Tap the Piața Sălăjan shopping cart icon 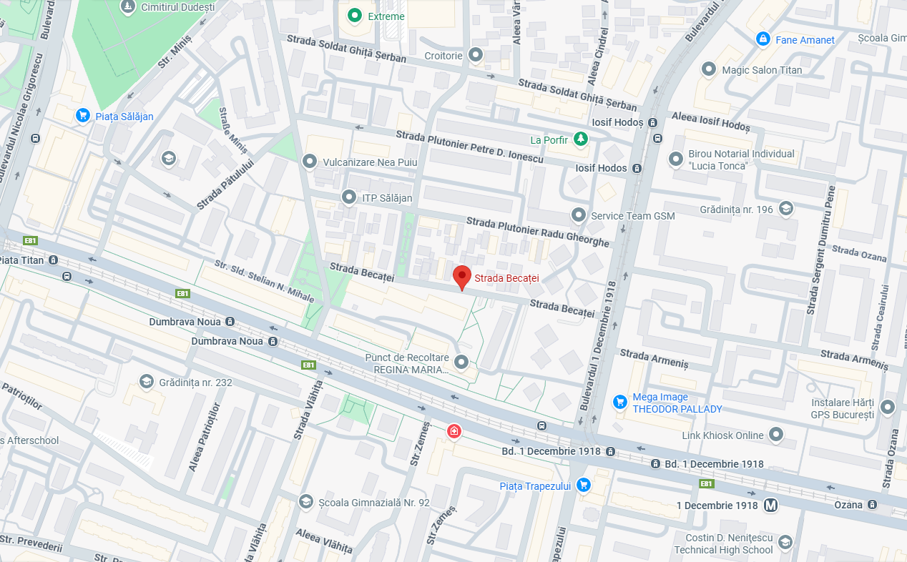pos(83,115)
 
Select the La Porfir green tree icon pos(582,139)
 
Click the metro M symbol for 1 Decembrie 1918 pos(770,505)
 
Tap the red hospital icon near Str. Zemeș pos(453,430)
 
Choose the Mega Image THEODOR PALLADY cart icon pos(620,403)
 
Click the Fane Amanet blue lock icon pos(763,39)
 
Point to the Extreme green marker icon pos(354,15)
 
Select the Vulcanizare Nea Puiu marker pos(310,162)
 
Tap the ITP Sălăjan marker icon pos(349,197)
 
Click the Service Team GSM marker pos(578,215)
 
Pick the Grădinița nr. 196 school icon pos(785,209)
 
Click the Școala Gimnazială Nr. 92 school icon pos(305,501)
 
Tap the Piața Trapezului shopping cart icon pos(584,485)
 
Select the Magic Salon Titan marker pos(709,69)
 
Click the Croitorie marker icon pos(476,54)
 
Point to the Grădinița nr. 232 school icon pos(147,382)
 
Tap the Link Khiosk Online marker pos(776,435)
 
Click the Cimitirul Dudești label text pos(179,7)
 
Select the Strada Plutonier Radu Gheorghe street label pos(538,232)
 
